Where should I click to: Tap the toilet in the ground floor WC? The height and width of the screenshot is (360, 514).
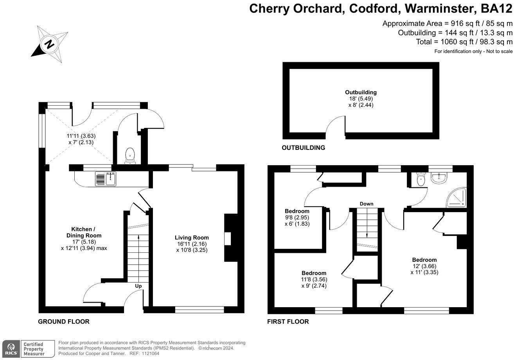pyautogui.click(x=129, y=156)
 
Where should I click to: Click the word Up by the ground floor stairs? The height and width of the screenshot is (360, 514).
pyautogui.click(x=138, y=286)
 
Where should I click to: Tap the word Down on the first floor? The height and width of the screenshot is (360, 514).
pyautogui.click(x=367, y=204)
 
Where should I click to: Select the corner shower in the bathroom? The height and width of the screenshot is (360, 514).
pyautogui.click(x=456, y=197)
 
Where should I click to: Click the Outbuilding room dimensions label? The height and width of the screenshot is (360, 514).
pyautogui.click(x=361, y=99)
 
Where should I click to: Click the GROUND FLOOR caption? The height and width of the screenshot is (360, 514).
pyautogui.click(x=64, y=322)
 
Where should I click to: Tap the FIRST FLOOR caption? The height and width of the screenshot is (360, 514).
pyautogui.click(x=288, y=322)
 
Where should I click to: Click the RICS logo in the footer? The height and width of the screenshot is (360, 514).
pyautogui.click(x=10, y=348)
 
